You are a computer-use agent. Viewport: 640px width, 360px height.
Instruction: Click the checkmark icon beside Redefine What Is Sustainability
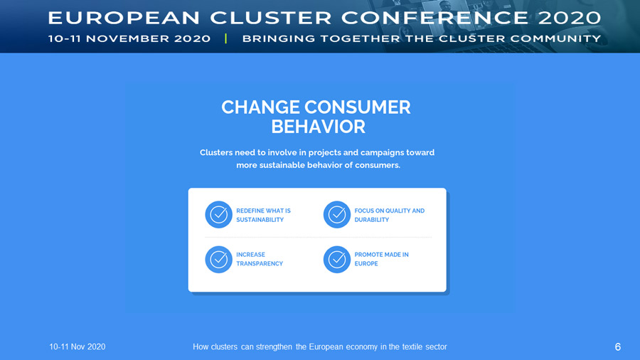(x=219, y=214)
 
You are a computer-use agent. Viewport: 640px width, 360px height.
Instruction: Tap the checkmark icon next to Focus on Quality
(x=337, y=214)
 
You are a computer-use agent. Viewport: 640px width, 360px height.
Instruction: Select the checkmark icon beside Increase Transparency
(x=219, y=259)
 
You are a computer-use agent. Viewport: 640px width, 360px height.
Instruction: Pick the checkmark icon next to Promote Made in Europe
(x=337, y=259)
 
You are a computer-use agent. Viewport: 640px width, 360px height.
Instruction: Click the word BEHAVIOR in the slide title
(x=319, y=127)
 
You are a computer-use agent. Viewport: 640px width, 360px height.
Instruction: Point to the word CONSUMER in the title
(x=358, y=107)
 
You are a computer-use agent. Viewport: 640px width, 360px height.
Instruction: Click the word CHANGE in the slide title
(x=260, y=107)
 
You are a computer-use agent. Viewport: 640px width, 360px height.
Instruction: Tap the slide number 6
(x=617, y=347)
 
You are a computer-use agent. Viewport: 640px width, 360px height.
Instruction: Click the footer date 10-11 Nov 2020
(x=77, y=346)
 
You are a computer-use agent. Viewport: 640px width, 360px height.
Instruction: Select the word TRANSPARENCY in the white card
(x=260, y=264)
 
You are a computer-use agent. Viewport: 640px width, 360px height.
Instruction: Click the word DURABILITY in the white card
(x=371, y=220)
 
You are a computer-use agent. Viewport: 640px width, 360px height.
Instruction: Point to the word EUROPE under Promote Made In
(x=366, y=264)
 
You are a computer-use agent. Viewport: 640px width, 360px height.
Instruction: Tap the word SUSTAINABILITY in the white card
(x=260, y=220)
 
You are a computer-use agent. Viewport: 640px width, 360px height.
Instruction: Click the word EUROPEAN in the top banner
(x=124, y=18)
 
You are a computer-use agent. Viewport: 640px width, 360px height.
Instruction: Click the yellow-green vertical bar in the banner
(x=225, y=38)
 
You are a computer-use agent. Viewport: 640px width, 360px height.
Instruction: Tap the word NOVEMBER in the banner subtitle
(x=128, y=39)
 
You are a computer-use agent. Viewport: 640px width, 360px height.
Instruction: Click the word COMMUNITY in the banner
(x=555, y=39)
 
